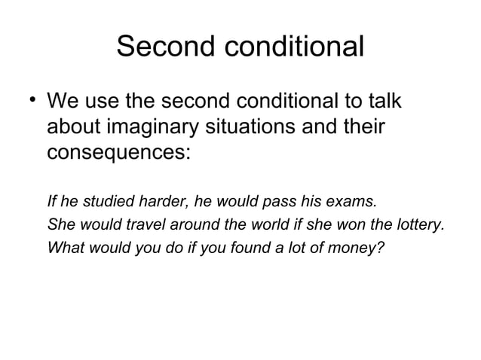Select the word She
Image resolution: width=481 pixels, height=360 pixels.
60,224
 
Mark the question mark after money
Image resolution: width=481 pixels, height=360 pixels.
381,246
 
